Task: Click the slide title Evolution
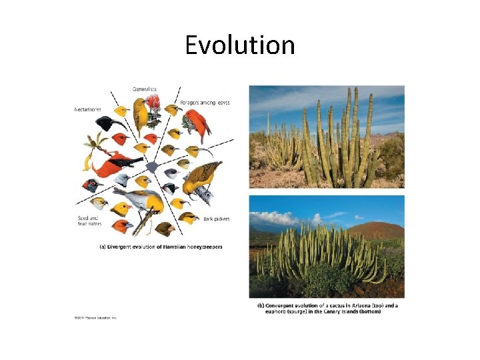pyautogui.click(x=239, y=45)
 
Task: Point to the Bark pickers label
pyautogui.click(x=216, y=218)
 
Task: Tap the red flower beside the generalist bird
pyautogui.click(x=153, y=101)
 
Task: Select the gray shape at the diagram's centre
pyautogui.click(x=152, y=167)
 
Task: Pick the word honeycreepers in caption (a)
pyautogui.click(x=204, y=247)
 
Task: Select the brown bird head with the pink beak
pyautogui.click(x=165, y=229)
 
